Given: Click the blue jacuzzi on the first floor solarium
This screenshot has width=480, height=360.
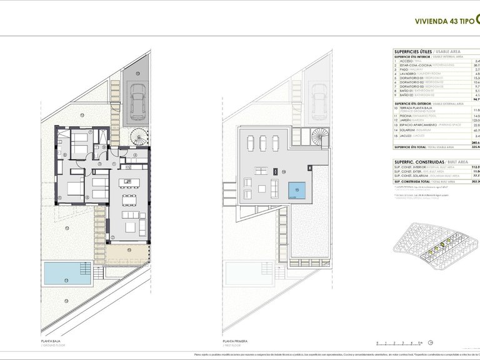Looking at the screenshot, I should pyautogui.click(x=297, y=191).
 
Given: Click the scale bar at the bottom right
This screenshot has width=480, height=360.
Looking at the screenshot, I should pyautogui.click(x=399, y=342).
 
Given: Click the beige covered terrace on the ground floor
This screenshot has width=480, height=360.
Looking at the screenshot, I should pyautogui.click(x=127, y=253).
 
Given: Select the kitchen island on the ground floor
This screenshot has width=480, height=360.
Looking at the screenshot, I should pyautogui.click(x=130, y=183).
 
